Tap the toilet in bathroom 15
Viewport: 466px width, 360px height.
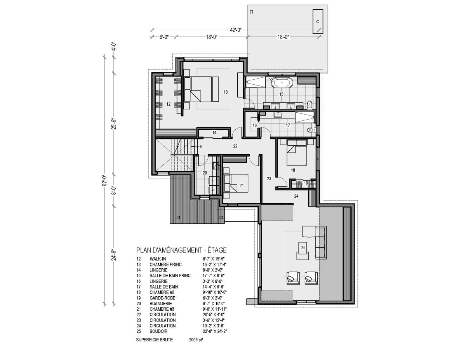[310, 104]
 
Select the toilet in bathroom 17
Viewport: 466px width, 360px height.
[311, 130]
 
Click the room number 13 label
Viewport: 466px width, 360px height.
[225, 92]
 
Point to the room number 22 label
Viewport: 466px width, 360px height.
[235, 146]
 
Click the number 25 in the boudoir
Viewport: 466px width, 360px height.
[303, 248]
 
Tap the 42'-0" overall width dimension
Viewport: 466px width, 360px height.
[236, 30]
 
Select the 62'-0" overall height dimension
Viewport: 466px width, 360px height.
[104, 180]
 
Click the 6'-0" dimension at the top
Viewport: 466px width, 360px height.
[164, 37]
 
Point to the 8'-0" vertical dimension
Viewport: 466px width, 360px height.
[114, 190]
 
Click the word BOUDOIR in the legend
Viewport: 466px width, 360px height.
[158, 331]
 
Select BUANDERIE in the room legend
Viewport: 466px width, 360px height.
[161, 303]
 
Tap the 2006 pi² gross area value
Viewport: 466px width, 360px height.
[196, 340]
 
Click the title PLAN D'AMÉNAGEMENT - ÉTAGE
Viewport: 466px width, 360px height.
[181, 250]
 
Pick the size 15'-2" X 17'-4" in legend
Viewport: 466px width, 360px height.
[215, 264]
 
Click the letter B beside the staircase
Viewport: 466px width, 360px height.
[201, 147]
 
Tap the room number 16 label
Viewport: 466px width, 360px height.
[254, 125]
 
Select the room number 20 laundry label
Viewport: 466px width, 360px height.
[205, 173]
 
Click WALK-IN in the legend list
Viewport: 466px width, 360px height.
[158, 259]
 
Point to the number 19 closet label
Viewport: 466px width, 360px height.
[306, 183]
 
